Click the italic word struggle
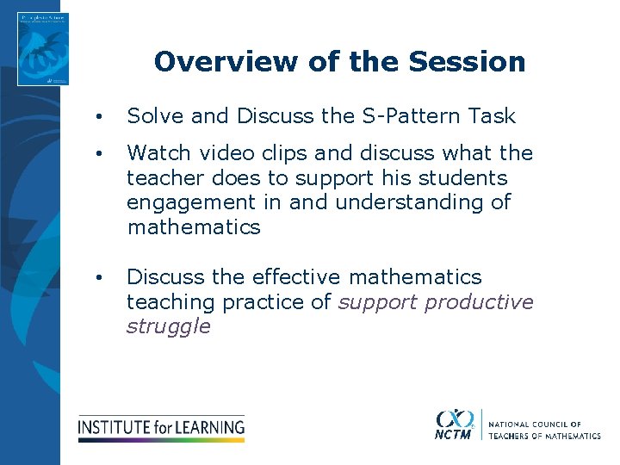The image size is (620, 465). pyautogui.click(x=168, y=327)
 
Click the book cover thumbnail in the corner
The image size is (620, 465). pyautogui.click(x=43, y=49)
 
